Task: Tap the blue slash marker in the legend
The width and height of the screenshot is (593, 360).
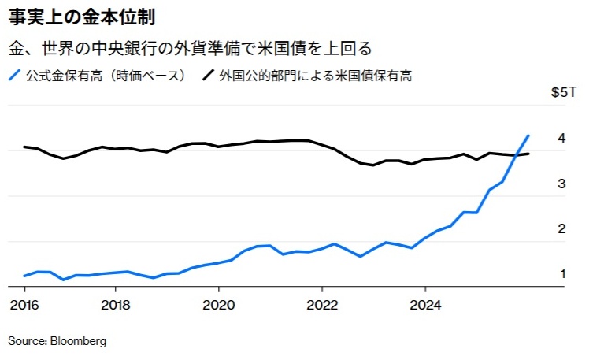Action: point(13,76)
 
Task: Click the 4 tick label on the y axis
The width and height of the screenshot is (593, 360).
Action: point(561,139)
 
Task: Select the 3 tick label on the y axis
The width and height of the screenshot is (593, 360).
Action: point(561,184)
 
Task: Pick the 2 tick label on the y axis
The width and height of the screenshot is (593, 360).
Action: point(561,229)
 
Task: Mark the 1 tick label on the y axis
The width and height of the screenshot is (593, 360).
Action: point(562,274)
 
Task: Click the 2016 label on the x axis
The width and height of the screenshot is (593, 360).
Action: point(24,306)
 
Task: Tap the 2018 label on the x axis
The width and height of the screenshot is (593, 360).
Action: point(116,306)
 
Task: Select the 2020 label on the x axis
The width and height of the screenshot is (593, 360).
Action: point(219,306)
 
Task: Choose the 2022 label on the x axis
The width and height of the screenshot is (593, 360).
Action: point(322,306)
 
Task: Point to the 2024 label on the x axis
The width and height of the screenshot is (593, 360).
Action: point(425,306)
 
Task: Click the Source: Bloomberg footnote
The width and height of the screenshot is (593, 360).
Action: point(57,341)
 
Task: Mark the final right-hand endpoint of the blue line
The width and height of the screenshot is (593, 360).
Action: point(528,135)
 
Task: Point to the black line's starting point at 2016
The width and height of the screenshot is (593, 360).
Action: point(24,147)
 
